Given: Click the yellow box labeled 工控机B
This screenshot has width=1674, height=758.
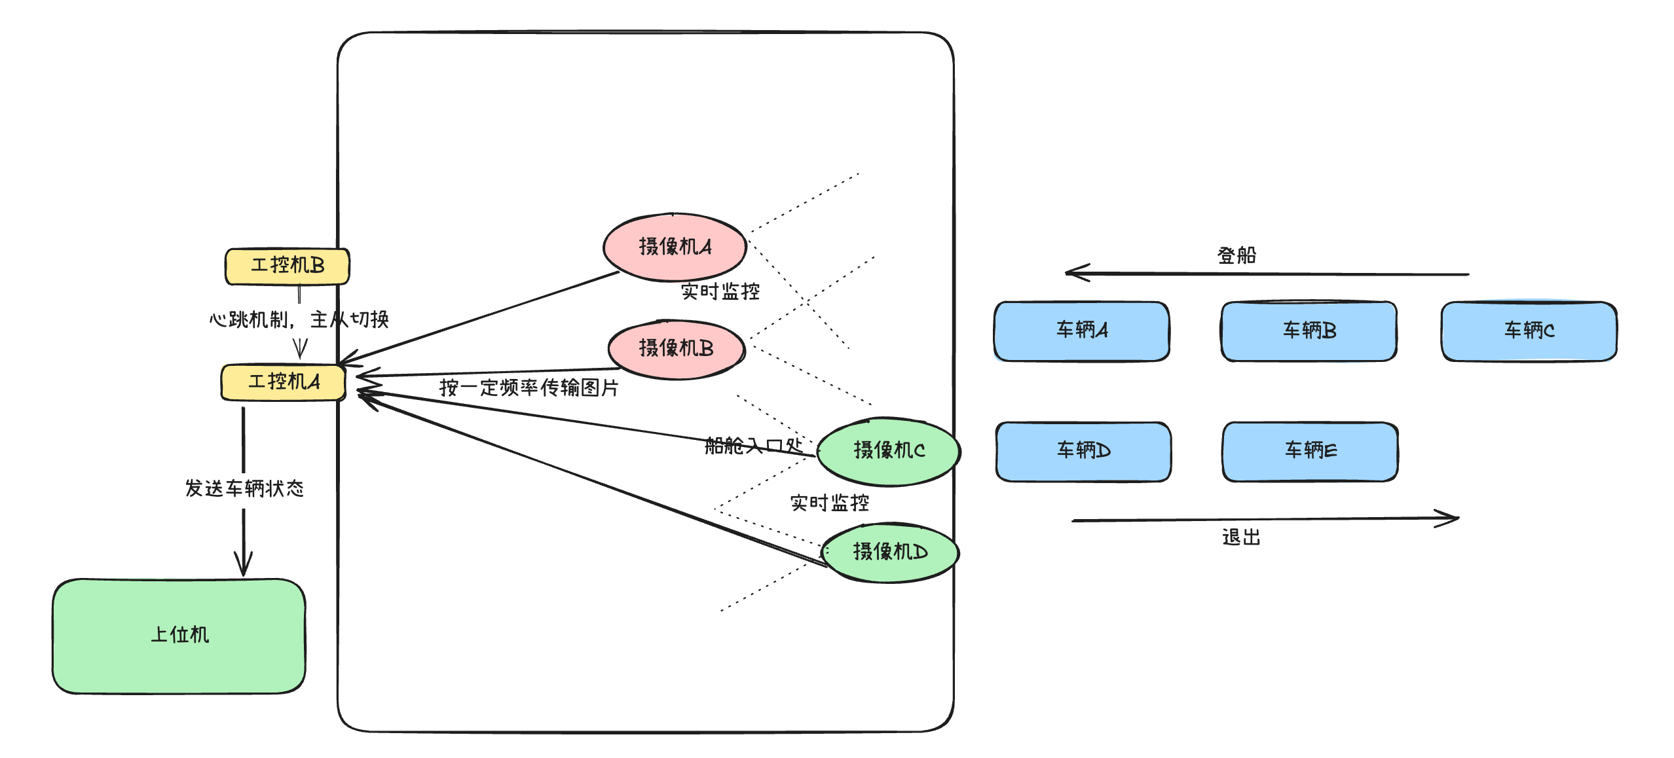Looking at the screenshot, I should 287,266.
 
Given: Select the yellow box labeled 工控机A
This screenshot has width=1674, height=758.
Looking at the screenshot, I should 283,382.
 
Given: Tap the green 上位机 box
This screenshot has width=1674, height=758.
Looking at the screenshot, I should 179,636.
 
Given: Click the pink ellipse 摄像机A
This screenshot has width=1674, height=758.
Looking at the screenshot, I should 675,247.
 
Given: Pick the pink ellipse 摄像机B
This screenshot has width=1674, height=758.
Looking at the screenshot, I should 676,348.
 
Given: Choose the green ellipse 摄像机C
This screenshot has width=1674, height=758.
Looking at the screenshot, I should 889,450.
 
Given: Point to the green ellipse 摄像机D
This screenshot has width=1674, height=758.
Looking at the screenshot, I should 889,552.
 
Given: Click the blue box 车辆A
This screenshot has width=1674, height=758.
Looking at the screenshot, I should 1081,331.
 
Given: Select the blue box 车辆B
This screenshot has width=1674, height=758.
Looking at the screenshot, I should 1309,331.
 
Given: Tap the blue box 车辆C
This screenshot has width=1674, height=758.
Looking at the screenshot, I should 1529,331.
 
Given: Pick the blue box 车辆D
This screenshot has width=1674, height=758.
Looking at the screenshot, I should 1083,451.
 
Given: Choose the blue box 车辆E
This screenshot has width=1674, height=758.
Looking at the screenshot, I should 1310,451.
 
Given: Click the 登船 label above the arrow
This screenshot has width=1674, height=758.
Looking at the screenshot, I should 1237,255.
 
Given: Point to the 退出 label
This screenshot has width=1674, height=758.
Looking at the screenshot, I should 1240,537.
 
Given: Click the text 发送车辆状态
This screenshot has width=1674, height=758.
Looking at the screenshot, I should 244,488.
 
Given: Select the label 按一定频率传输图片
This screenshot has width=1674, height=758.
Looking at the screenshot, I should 529,388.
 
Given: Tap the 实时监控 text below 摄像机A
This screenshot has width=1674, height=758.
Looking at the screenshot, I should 720,291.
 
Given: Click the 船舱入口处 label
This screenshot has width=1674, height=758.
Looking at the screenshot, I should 753,446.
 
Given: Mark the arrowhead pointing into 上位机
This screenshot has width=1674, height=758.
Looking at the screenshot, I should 243,568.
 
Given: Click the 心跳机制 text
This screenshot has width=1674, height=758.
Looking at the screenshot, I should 249,320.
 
